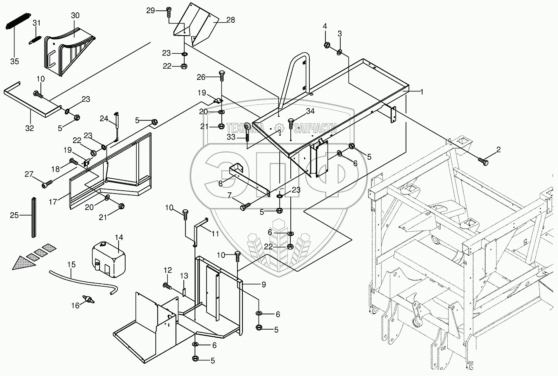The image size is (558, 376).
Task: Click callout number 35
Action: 14,61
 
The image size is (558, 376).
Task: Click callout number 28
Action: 230,20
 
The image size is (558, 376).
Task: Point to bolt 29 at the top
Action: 169,12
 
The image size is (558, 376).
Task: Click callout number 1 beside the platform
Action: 422,92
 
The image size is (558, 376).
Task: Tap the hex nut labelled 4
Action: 327,45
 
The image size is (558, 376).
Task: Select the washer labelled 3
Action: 339,53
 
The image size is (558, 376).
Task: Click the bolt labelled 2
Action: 483,161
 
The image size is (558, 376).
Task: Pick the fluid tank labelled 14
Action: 109,259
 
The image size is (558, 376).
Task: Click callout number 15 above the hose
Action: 71,264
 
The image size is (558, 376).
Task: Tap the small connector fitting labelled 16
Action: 88,299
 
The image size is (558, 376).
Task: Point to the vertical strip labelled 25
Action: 34,217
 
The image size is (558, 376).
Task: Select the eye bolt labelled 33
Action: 247,132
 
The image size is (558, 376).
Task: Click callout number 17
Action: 53,201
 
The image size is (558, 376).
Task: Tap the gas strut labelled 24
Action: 116,127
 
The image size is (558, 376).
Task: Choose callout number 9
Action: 264,285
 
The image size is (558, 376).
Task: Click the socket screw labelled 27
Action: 47,184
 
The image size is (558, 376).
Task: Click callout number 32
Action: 29,128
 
